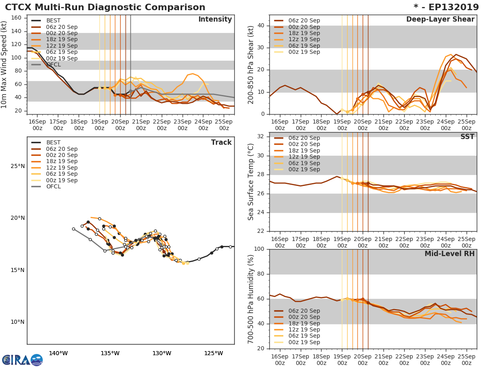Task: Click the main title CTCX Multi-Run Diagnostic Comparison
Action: point(105,7)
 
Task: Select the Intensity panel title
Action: point(215,20)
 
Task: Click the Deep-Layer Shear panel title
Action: point(440,20)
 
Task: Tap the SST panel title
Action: point(467,137)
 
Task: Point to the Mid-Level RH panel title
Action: point(449,254)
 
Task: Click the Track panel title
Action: point(221,142)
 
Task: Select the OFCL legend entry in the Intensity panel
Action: point(53,65)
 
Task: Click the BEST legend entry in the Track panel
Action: point(53,143)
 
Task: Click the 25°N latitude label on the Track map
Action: point(18,166)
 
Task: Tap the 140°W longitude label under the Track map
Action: point(58,353)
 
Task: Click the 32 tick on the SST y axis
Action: point(261,137)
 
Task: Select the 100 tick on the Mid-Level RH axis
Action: point(259,249)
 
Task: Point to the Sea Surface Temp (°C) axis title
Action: point(251,182)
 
